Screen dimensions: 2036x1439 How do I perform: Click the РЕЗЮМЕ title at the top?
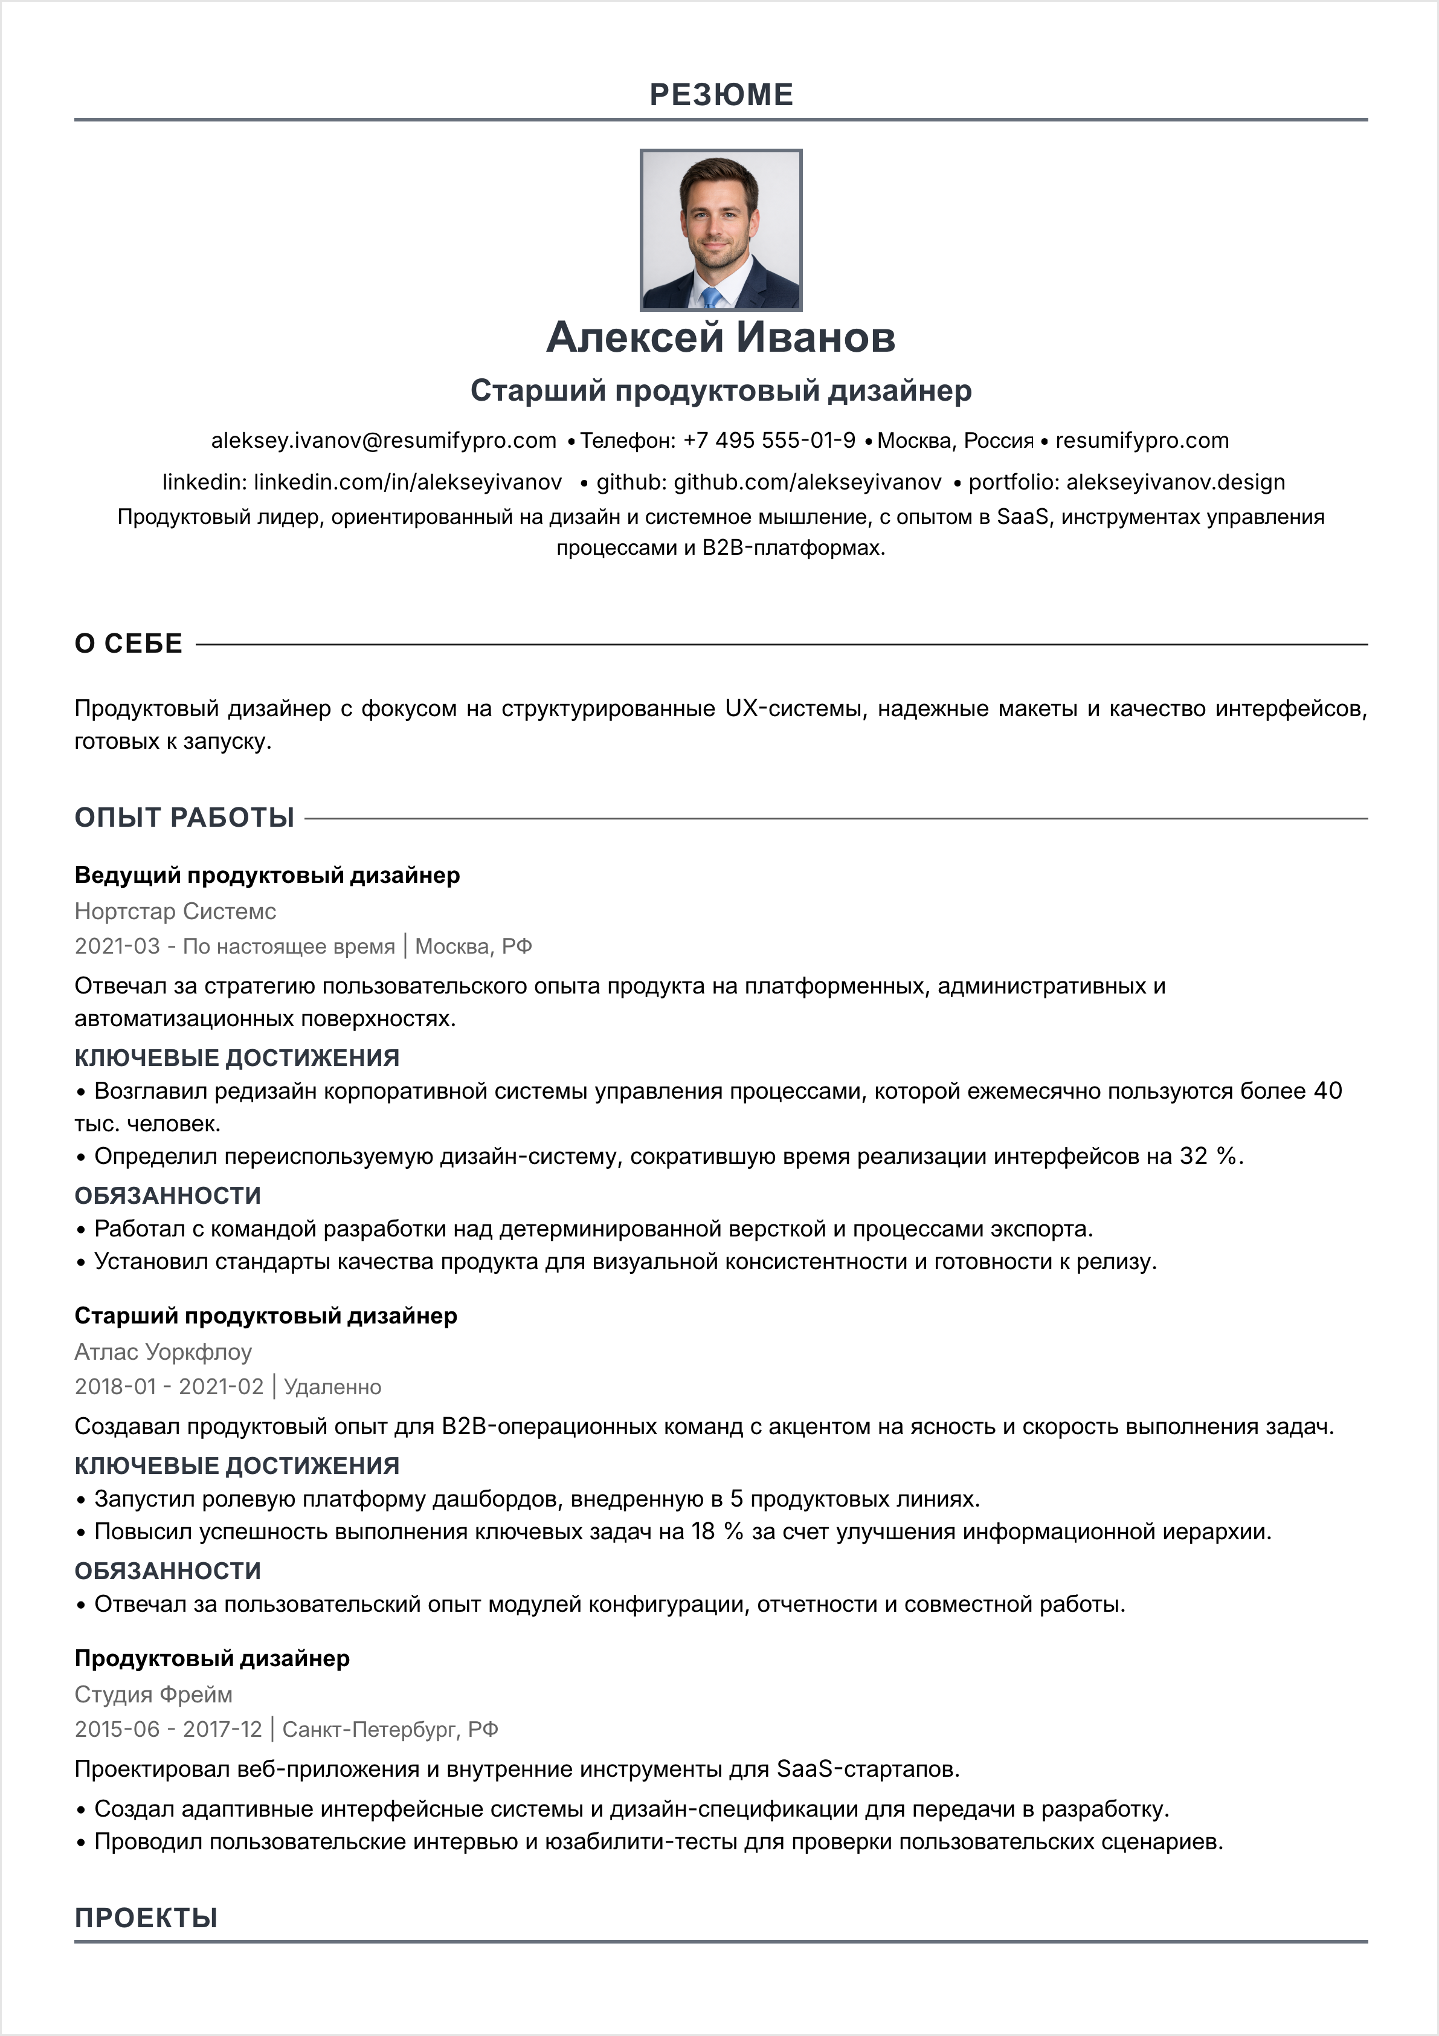721,95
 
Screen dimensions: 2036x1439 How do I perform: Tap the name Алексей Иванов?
721,337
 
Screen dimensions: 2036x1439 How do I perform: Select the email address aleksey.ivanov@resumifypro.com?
383,441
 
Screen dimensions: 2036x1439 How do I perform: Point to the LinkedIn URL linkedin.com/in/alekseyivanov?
408,482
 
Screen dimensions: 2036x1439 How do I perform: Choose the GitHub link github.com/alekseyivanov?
807,482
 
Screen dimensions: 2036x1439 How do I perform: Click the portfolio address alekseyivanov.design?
1175,482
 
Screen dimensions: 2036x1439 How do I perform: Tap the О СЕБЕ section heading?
129,644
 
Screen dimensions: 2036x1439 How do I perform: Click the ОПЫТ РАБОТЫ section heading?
184,818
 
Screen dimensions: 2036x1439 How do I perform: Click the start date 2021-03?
117,947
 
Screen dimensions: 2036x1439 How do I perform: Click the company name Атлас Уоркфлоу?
163,1352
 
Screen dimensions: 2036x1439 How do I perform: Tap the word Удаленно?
332,1388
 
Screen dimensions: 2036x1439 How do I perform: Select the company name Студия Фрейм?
153,1695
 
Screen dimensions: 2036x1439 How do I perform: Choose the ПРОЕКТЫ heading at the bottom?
146,1918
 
